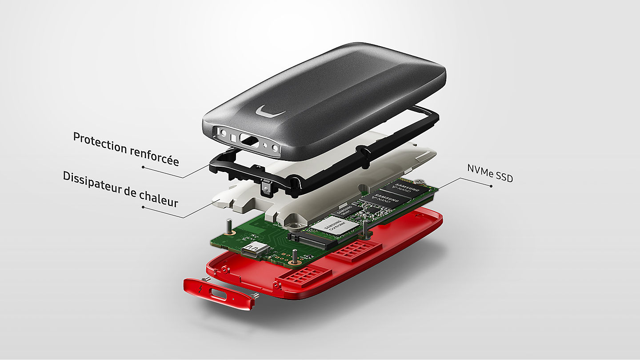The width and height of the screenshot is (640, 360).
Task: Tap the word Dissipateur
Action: point(91,182)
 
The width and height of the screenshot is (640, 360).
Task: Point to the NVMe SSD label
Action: point(490,173)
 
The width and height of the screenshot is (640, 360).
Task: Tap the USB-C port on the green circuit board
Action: point(255,251)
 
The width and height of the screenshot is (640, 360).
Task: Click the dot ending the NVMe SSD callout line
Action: point(491,186)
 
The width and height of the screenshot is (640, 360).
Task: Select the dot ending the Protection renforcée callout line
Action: point(143,167)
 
